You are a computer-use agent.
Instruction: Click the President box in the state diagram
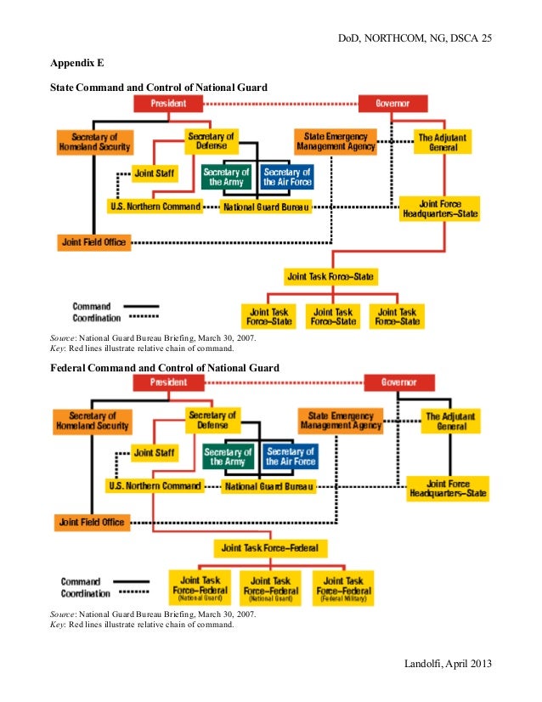pos(168,104)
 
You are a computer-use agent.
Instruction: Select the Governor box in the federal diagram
pos(398,382)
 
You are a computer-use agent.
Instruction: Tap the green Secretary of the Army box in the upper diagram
pos(227,177)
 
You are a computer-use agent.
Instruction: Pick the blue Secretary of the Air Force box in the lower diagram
pos(290,456)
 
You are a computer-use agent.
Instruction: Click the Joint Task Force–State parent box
pos(331,276)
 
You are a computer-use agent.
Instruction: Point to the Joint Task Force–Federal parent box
pos(271,546)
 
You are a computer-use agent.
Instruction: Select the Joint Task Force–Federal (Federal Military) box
pos(344,586)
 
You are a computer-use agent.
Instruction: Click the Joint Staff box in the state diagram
pos(154,173)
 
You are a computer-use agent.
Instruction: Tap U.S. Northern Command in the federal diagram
pos(155,486)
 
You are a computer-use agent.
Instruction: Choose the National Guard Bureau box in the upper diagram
pos(266,207)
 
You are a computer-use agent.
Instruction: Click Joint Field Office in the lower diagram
pos(92,522)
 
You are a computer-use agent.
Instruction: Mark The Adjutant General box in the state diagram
pos(443,142)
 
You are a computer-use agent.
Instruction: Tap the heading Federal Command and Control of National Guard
pos(164,367)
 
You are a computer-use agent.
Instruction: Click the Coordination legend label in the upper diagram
pos(91,318)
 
